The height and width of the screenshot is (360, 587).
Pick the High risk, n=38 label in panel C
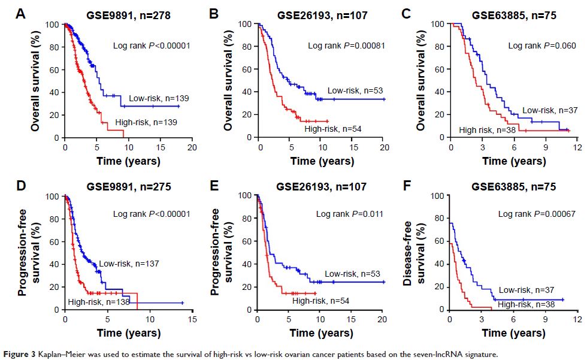click(488, 129)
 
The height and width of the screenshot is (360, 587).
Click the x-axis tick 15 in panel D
click(191, 320)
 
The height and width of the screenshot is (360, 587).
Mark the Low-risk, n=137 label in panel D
click(130, 263)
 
